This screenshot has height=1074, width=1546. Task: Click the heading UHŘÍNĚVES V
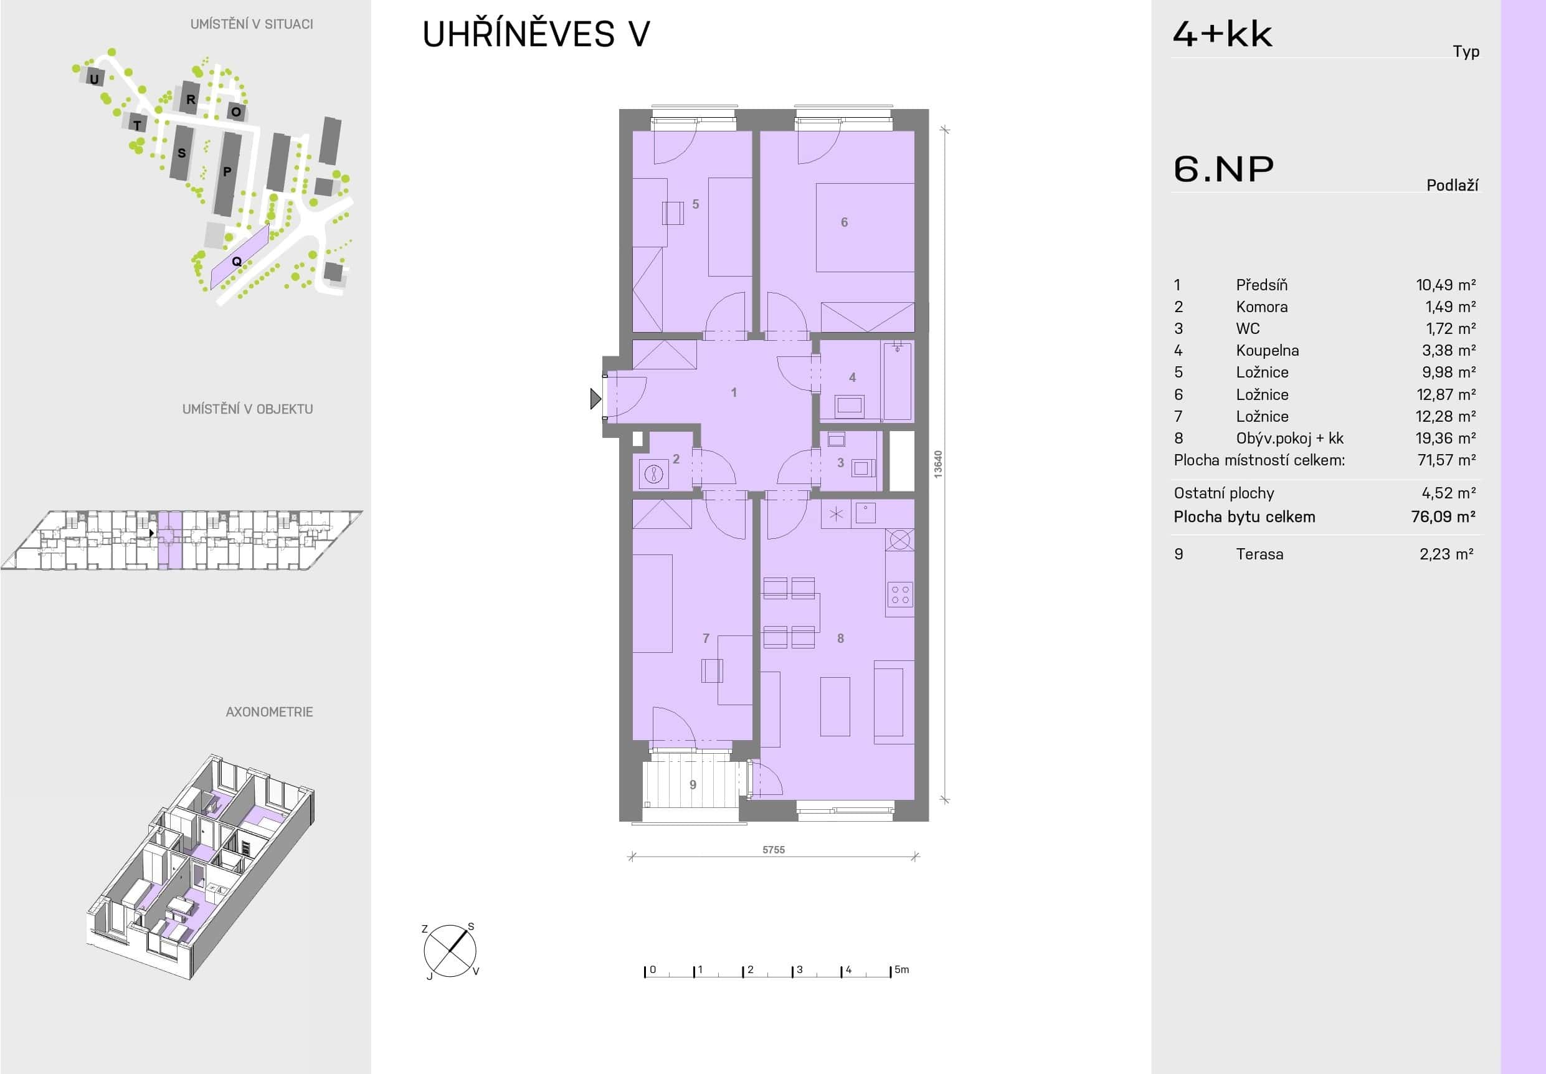pyautogui.click(x=536, y=34)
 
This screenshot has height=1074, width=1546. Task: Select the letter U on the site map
pyautogui.click(x=94, y=78)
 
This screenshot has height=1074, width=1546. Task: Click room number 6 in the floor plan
pyautogui.click(x=844, y=222)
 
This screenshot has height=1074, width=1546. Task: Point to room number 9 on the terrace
pyautogui.click(x=693, y=785)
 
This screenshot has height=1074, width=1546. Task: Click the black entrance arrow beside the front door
pyautogui.click(x=595, y=399)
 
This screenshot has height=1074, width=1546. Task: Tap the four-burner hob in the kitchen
pyautogui.click(x=899, y=595)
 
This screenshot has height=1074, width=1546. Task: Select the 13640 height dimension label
pyautogui.click(x=938, y=464)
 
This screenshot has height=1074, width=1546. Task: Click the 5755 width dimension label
pyautogui.click(x=774, y=850)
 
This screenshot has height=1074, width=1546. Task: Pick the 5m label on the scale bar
pyautogui.click(x=901, y=970)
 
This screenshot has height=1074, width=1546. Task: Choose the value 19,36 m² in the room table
pyautogui.click(x=1445, y=438)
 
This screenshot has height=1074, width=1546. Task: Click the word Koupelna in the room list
pyautogui.click(x=1268, y=351)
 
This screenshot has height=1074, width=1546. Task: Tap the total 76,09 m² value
pyautogui.click(x=1443, y=517)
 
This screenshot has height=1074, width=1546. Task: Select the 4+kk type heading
pyautogui.click(x=1222, y=34)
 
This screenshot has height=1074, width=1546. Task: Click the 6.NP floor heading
pyautogui.click(x=1224, y=169)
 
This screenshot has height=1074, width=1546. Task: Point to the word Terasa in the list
pyautogui.click(x=1259, y=554)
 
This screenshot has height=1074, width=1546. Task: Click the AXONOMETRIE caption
pyautogui.click(x=269, y=712)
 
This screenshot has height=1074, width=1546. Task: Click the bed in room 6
pyautogui.click(x=865, y=227)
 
